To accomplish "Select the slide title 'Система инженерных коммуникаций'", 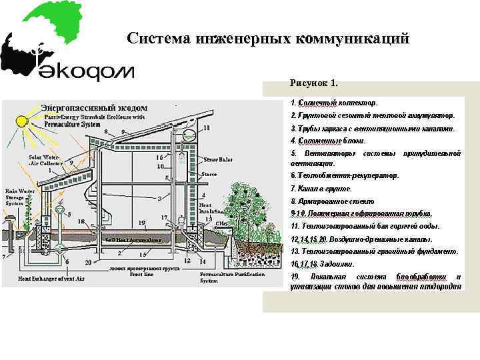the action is point(267,39).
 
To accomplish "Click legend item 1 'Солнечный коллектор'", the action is point(334,103).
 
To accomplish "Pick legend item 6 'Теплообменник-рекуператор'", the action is point(345,175).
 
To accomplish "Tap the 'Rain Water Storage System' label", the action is point(19,197).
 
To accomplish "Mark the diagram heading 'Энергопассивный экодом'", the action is point(94,107).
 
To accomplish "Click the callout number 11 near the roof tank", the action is point(207,127).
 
